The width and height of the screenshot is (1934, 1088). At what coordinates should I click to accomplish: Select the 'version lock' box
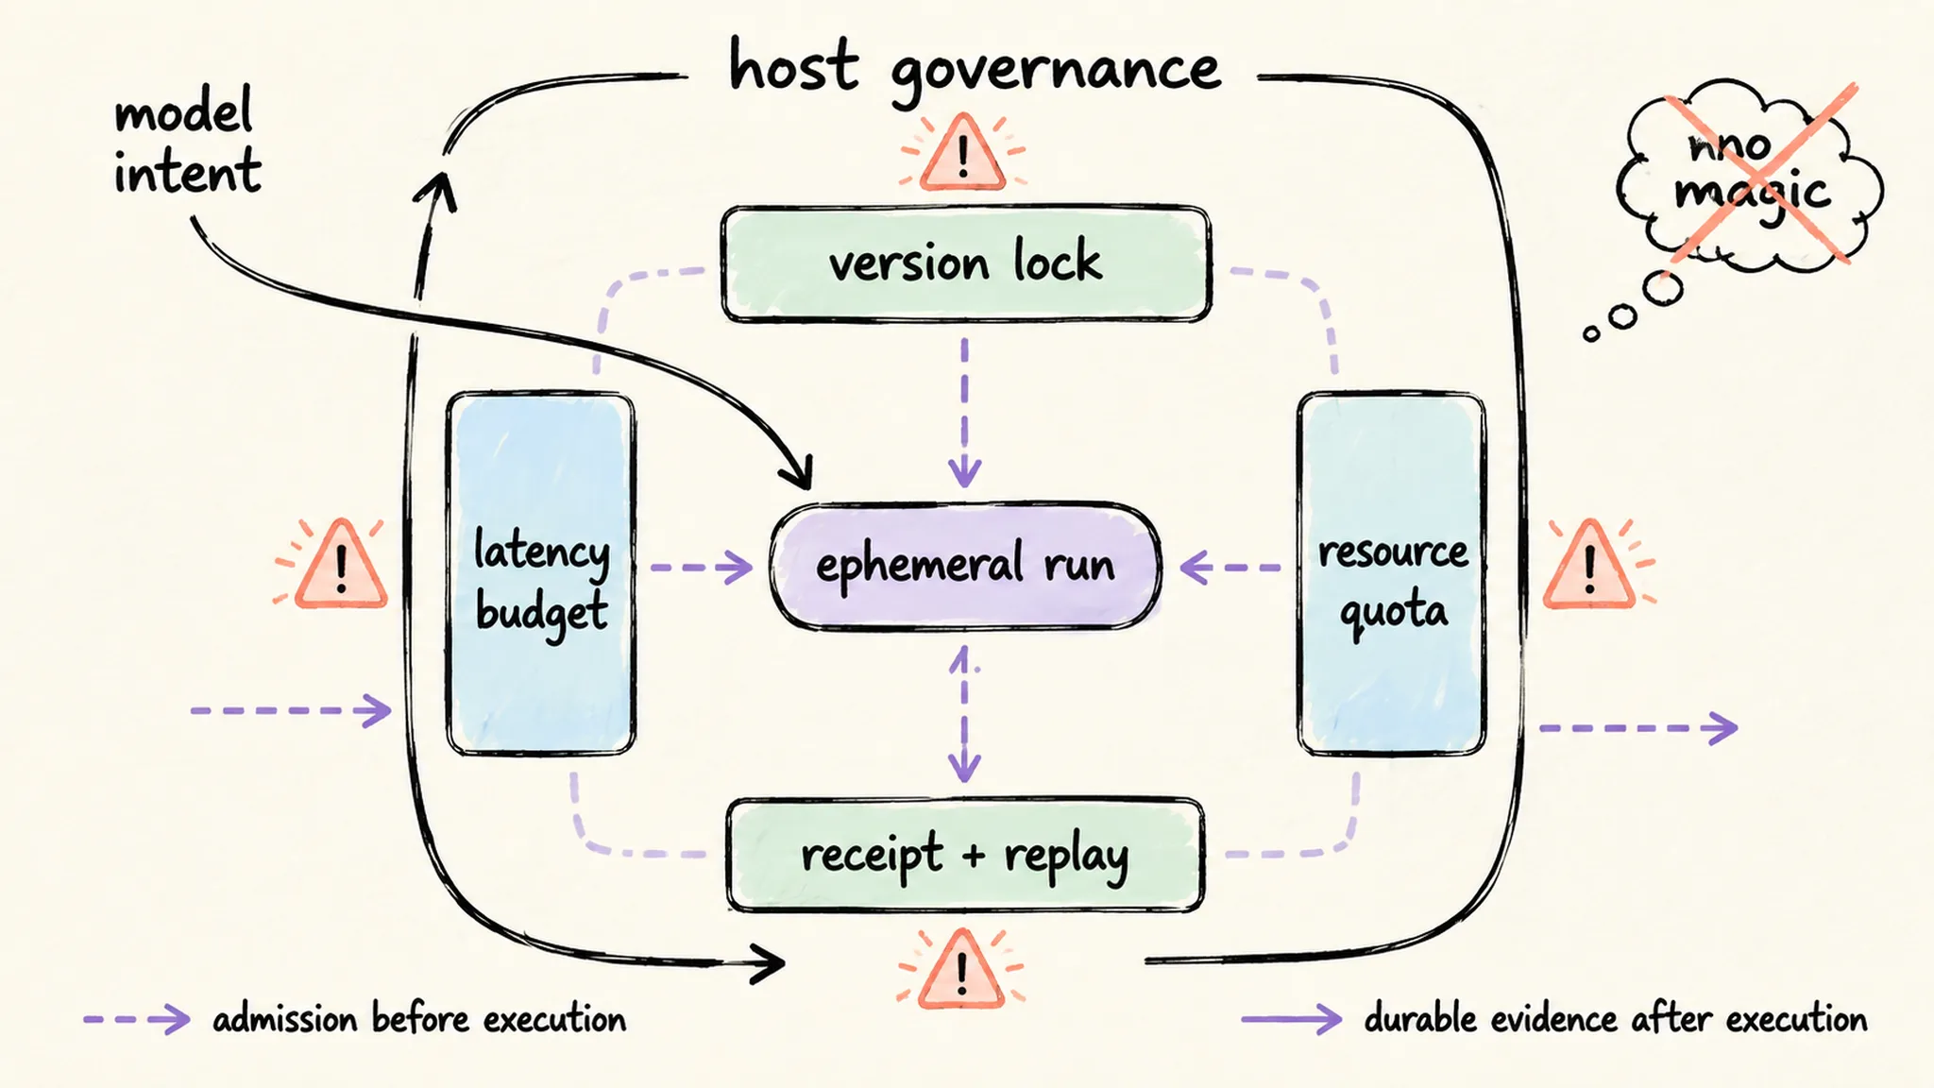point(965,263)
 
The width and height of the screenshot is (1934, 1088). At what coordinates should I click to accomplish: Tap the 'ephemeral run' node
point(965,566)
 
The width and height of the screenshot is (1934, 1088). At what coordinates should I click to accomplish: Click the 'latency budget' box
point(541,574)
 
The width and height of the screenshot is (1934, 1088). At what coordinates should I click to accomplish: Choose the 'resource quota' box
point(1392,574)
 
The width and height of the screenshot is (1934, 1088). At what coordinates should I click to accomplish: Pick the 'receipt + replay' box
point(965,856)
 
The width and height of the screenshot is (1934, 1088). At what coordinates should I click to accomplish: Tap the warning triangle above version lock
point(962,152)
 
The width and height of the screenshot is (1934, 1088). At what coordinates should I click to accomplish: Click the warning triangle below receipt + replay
point(961,969)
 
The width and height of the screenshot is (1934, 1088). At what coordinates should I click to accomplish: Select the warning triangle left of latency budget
point(341,565)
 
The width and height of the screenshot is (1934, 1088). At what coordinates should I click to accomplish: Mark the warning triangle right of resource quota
point(1589,565)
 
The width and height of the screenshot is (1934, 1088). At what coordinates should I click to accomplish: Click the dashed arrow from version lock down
point(964,413)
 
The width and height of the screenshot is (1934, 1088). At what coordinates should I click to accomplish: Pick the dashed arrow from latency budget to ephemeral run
point(702,568)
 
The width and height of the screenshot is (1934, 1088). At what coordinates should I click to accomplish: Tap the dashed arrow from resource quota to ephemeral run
point(1230,568)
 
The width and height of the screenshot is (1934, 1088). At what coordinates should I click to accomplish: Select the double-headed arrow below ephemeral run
point(964,714)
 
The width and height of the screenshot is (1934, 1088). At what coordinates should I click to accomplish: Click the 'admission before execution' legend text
point(419,1019)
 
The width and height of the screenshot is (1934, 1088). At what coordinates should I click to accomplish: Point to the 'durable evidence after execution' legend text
point(1616,1019)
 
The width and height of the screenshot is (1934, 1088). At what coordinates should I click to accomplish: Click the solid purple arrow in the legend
point(1291,1019)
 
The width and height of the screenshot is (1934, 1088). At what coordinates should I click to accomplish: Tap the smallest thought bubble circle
point(1592,333)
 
